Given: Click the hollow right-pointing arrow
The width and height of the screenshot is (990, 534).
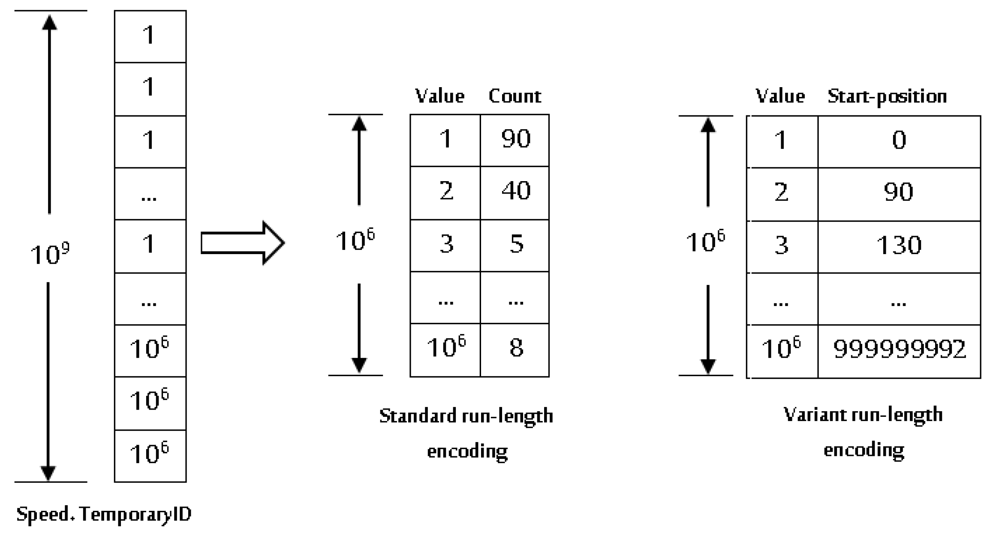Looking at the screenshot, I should coord(242,243).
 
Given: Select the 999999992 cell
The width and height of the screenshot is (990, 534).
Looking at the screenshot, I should coord(899,349).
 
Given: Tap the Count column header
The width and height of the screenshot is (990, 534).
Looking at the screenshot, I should coord(515,96).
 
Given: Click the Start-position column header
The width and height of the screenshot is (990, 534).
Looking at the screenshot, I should coord(887,96).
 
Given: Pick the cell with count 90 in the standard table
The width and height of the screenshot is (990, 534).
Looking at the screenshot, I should coord(515,139).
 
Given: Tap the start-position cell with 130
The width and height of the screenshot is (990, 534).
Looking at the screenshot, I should coord(899,246).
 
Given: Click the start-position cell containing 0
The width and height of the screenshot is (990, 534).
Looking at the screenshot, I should coord(899,140).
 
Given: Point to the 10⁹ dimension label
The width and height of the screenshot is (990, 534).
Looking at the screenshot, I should coord(50,254).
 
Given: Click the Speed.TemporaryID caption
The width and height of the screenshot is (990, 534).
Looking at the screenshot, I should coord(104,514).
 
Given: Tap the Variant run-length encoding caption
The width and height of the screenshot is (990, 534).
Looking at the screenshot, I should coord(863,432).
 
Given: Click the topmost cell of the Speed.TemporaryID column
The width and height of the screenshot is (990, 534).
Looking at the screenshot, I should coord(150,36).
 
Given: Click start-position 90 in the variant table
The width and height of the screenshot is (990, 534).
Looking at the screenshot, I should coord(899,192).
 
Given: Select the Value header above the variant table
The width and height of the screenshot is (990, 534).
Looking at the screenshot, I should coord(780,96).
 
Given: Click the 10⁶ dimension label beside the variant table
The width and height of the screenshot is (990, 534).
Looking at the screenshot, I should coord(705,242).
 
